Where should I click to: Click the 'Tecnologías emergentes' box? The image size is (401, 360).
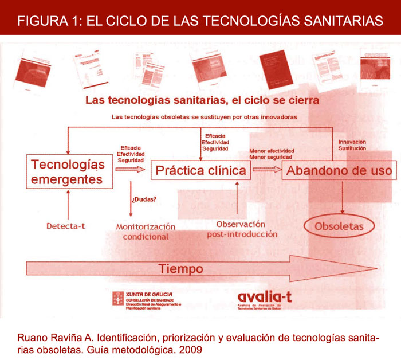pyautogui.click(x=68, y=163)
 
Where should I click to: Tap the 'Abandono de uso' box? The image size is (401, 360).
pyautogui.click(x=339, y=170)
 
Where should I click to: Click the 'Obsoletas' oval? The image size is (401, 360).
pyautogui.click(x=339, y=226)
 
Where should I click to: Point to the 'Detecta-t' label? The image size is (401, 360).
pyautogui.click(x=66, y=226)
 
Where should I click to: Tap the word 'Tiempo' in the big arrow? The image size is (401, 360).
pyautogui.click(x=181, y=268)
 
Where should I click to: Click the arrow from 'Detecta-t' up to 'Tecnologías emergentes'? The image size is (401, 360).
pyautogui.click(x=68, y=198)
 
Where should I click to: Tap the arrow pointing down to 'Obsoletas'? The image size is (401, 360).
pyautogui.click(x=343, y=195)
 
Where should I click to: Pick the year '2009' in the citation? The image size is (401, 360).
pyautogui.click(x=192, y=349)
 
